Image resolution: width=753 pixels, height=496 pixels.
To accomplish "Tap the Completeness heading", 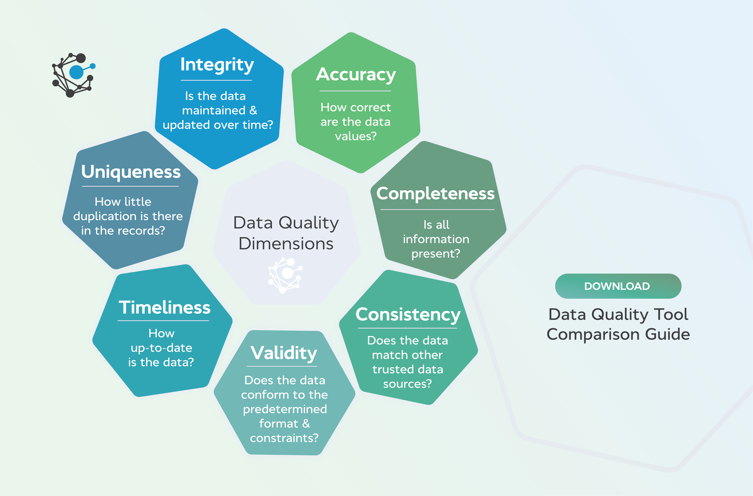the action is coord(435,194).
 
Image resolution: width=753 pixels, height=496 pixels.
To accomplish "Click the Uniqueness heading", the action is coord(131,172).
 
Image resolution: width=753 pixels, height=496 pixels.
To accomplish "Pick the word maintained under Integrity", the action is coord(214,110).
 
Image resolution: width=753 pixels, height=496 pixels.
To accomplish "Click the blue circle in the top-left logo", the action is coord(76,72).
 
